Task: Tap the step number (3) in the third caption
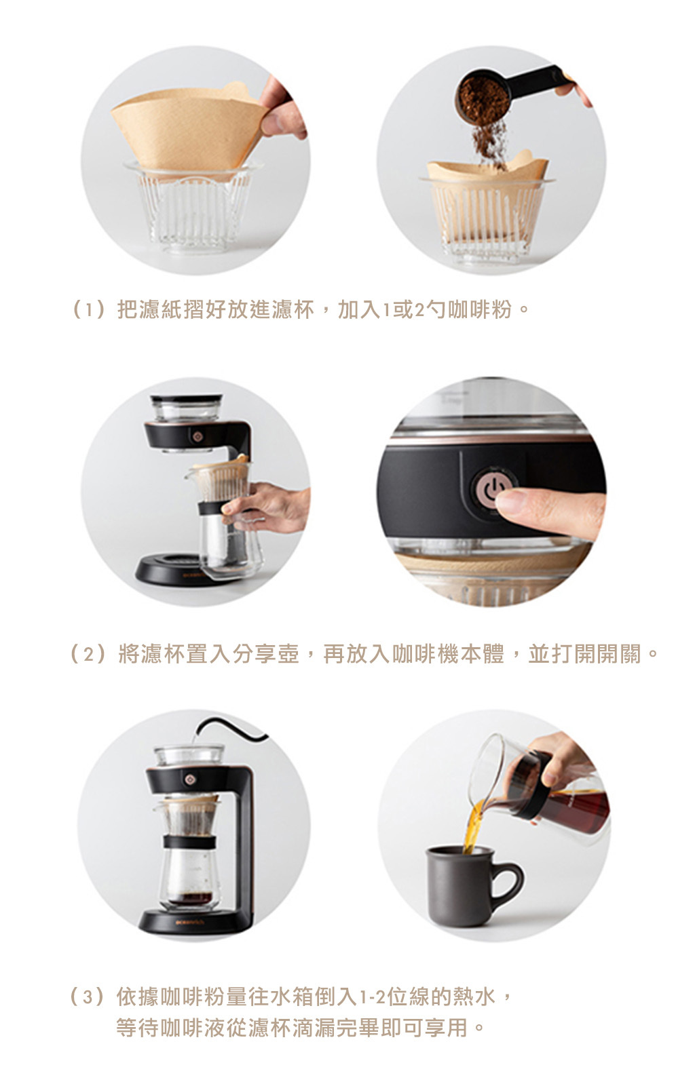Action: coord(88,997)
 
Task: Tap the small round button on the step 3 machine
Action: coord(189,778)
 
